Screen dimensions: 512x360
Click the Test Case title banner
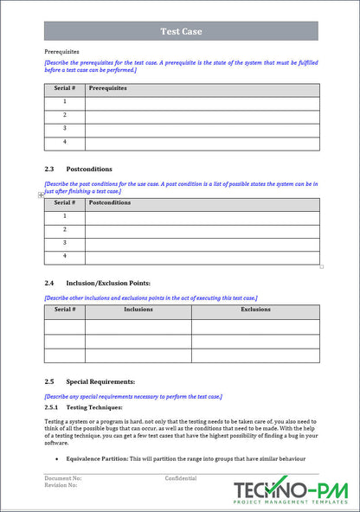coord(181,31)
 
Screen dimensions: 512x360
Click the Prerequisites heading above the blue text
coord(61,52)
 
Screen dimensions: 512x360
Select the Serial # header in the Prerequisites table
coord(64,89)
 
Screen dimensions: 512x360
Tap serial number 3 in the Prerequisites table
coord(64,129)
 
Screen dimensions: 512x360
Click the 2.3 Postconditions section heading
coord(78,169)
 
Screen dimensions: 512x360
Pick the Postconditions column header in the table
coord(110,203)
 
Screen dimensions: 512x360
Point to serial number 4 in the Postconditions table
coord(64,257)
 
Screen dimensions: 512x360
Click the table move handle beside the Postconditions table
coord(41,195)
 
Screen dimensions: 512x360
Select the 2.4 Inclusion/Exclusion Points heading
coord(97,283)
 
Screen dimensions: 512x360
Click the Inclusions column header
coord(138,310)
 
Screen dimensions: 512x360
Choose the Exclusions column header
coord(255,310)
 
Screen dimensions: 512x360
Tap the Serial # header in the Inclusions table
coord(64,310)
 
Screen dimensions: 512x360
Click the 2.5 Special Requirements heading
coord(89,381)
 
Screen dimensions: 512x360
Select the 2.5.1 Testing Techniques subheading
coord(83,406)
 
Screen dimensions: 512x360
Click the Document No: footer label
coord(63,478)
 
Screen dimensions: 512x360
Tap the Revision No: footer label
coord(61,486)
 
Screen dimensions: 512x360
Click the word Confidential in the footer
coord(181,478)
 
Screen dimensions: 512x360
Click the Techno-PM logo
coord(290,490)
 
